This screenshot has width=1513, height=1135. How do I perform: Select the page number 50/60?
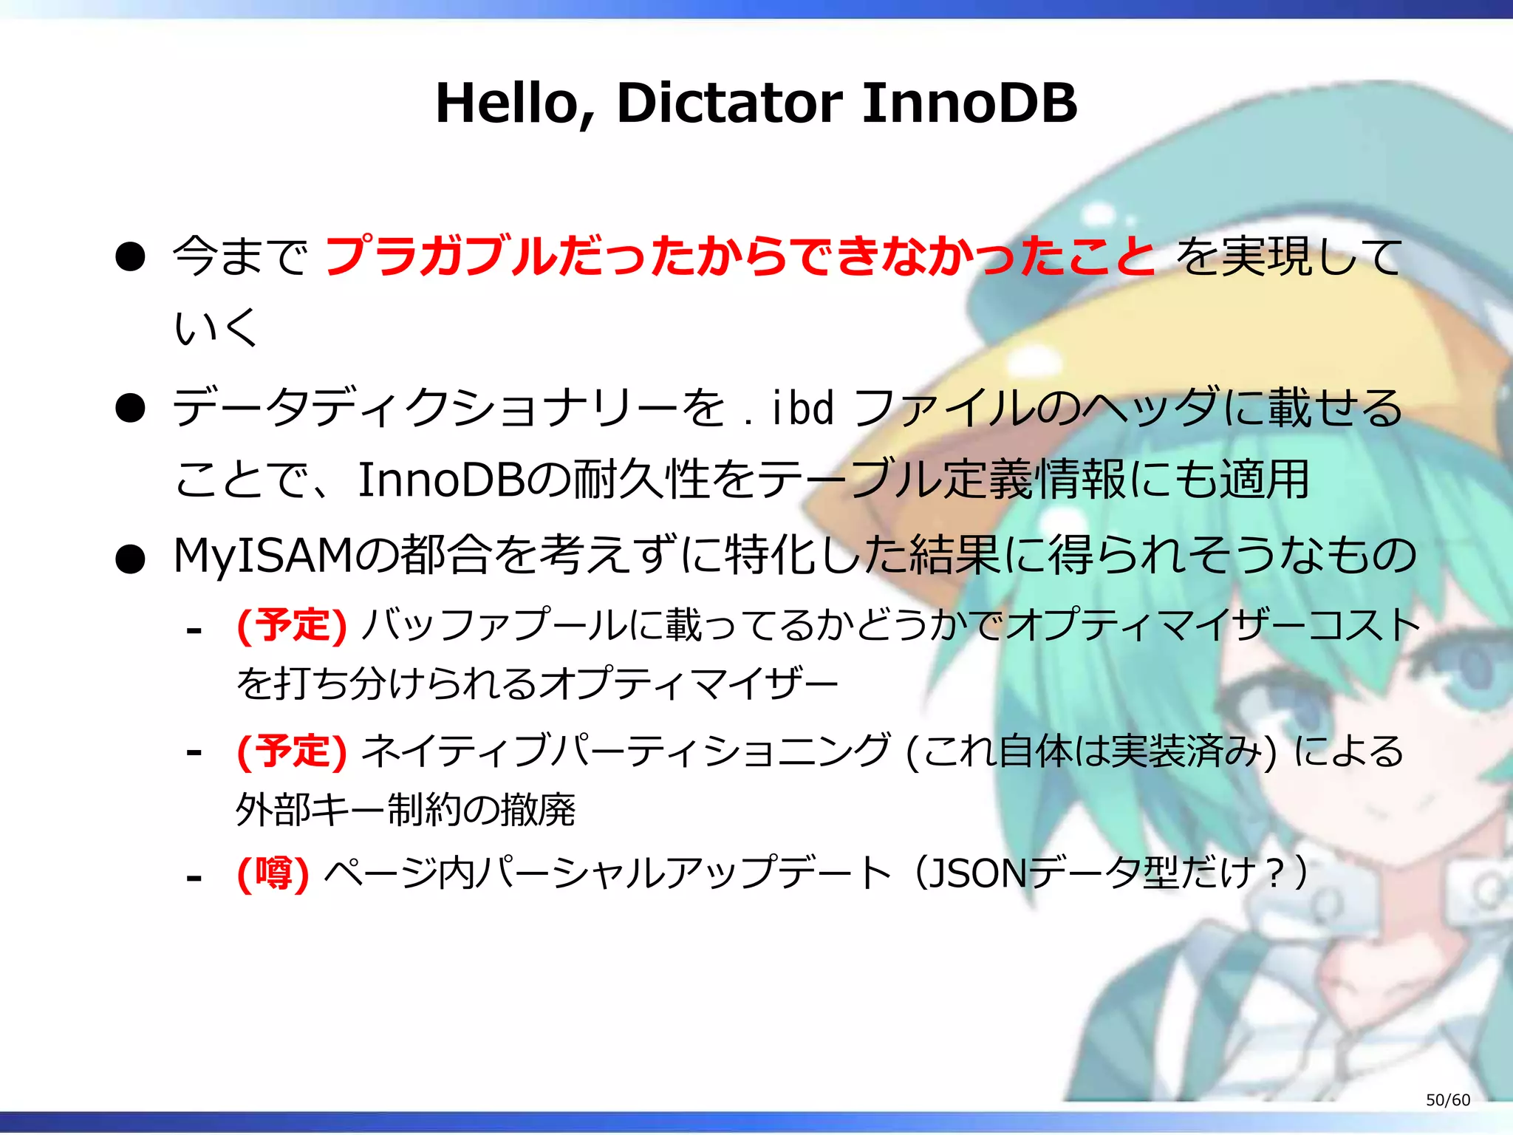pos(1447,1100)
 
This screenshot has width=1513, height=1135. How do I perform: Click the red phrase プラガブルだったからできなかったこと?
pos(739,256)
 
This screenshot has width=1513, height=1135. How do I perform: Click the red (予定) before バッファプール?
pos(291,626)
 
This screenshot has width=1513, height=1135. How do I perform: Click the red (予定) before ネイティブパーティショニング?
pos(291,751)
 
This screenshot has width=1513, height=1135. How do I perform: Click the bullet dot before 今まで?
pos(130,257)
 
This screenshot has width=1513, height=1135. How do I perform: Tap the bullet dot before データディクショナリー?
pos(130,408)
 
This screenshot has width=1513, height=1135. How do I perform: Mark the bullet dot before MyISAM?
pos(130,559)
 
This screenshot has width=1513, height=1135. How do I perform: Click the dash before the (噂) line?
pos(194,878)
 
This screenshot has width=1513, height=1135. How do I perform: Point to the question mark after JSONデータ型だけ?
pos(1274,874)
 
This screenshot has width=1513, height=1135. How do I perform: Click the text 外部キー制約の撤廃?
pos(406,810)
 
